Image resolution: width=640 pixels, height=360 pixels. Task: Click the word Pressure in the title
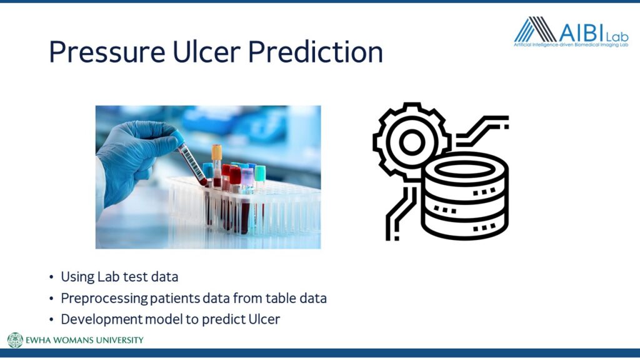click(107, 52)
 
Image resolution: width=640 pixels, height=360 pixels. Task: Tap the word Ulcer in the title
click(206, 51)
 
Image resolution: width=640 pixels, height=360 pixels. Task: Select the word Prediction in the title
click(316, 51)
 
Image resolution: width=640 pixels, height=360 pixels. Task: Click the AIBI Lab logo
click(571, 32)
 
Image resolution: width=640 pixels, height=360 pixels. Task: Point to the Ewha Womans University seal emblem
click(15, 340)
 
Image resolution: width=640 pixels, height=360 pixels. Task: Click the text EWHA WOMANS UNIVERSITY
click(84, 340)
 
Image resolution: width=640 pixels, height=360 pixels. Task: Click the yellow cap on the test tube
click(217, 152)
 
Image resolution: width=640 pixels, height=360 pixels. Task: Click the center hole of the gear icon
click(412, 142)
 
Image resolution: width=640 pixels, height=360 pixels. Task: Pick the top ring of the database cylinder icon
click(464, 169)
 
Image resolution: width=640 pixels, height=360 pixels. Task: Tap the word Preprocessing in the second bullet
click(104, 298)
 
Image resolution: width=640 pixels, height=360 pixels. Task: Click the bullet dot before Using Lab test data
click(51, 277)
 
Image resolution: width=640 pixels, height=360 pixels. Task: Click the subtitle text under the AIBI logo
click(571, 45)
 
